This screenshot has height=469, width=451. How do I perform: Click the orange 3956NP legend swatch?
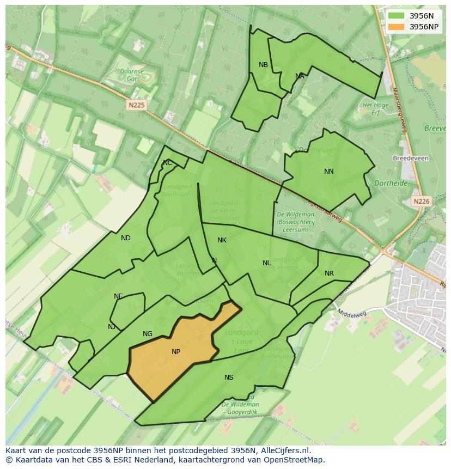[x=397, y=27]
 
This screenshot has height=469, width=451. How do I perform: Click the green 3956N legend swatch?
[x=397, y=16]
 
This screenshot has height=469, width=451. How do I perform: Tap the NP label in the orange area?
[x=176, y=352]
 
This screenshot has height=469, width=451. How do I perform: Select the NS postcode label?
[x=229, y=377]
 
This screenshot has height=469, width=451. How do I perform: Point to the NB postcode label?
[x=263, y=65]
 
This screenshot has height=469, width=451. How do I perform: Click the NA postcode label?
[x=300, y=76]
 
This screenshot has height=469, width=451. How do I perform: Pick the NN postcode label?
[x=329, y=172]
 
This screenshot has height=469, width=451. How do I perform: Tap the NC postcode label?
[x=167, y=163]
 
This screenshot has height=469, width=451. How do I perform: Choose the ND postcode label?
[x=126, y=238]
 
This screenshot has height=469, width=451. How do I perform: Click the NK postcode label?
[x=222, y=240]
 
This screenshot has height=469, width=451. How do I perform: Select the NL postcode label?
[x=266, y=263]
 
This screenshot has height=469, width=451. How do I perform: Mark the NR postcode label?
[x=329, y=273]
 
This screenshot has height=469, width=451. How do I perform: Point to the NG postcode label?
[x=148, y=334]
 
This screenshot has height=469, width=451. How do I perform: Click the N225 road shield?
[x=137, y=105]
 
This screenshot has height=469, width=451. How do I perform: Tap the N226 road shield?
[x=421, y=201]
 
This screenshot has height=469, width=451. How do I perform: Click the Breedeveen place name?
[x=410, y=159]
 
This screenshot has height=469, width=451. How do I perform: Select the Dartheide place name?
[x=391, y=184]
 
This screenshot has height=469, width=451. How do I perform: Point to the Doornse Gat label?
[x=132, y=75]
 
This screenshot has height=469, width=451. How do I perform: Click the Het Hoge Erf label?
[x=375, y=109]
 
